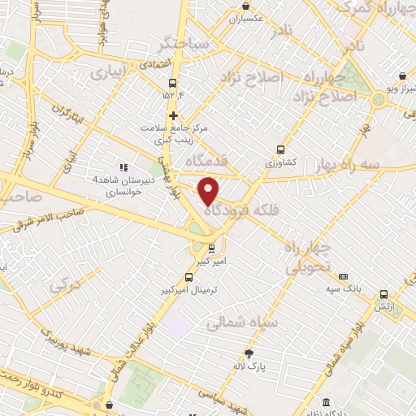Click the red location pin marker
click(x=210, y=190)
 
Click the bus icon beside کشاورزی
click(x=280, y=149)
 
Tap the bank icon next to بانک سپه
click(x=344, y=276)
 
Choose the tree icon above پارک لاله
click(x=249, y=353)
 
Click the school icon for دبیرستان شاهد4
click(x=124, y=167)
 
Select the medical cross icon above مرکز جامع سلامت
click(x=173, y=115)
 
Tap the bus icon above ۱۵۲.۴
click(x=172, y=84)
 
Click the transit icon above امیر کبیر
click(x=211, y=248)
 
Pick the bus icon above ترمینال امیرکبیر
click(x=188, y=278)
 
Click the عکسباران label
click(x=247, y=17)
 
